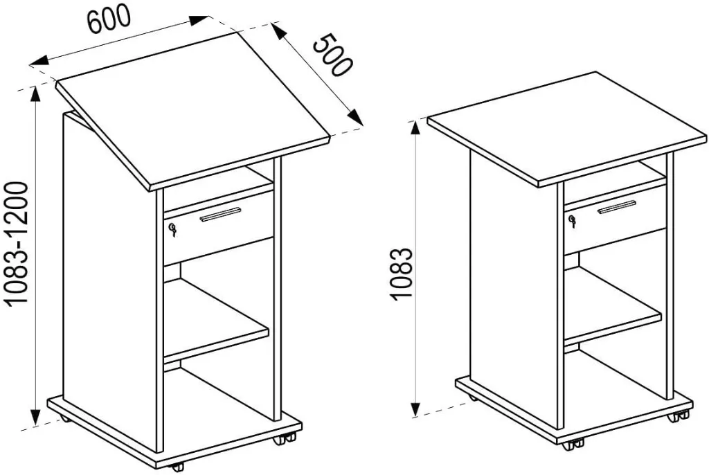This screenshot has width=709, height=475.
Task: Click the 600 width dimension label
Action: click(x=109, y=19)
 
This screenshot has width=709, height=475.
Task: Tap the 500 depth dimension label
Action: click(x=332, y=55)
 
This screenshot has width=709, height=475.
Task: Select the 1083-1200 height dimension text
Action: click(x=18, y=244)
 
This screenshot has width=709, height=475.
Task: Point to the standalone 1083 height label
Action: click(x=401, y=274)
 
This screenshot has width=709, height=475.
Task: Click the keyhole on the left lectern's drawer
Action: click(x=172, y=229)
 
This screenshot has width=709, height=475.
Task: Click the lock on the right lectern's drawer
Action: click(x=573, y=222)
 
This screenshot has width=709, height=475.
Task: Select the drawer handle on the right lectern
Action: click(x=619, y=206)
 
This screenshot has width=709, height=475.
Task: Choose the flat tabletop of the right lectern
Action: click(x=568, y=129)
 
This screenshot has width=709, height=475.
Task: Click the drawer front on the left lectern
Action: click(x=218, y=228)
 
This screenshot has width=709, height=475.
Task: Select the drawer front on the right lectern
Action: click(x=615, y=219)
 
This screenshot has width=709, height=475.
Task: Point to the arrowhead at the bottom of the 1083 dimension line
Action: click(x=415, y=409)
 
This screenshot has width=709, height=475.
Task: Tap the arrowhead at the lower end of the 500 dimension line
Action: click(x=356, y=117)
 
